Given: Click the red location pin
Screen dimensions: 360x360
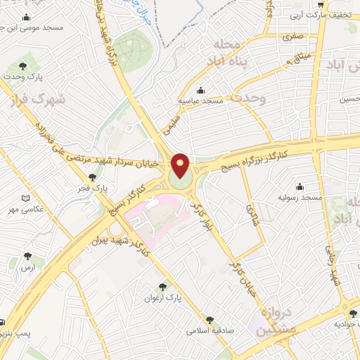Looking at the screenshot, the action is [181, 165].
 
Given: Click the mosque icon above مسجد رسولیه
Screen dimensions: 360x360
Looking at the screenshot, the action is [300, 186].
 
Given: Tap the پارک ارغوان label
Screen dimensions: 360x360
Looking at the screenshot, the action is [163, 297].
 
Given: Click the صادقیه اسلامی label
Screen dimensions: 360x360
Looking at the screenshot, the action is [209, 328].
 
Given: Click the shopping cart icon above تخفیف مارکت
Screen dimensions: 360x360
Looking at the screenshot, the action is [319, 3].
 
